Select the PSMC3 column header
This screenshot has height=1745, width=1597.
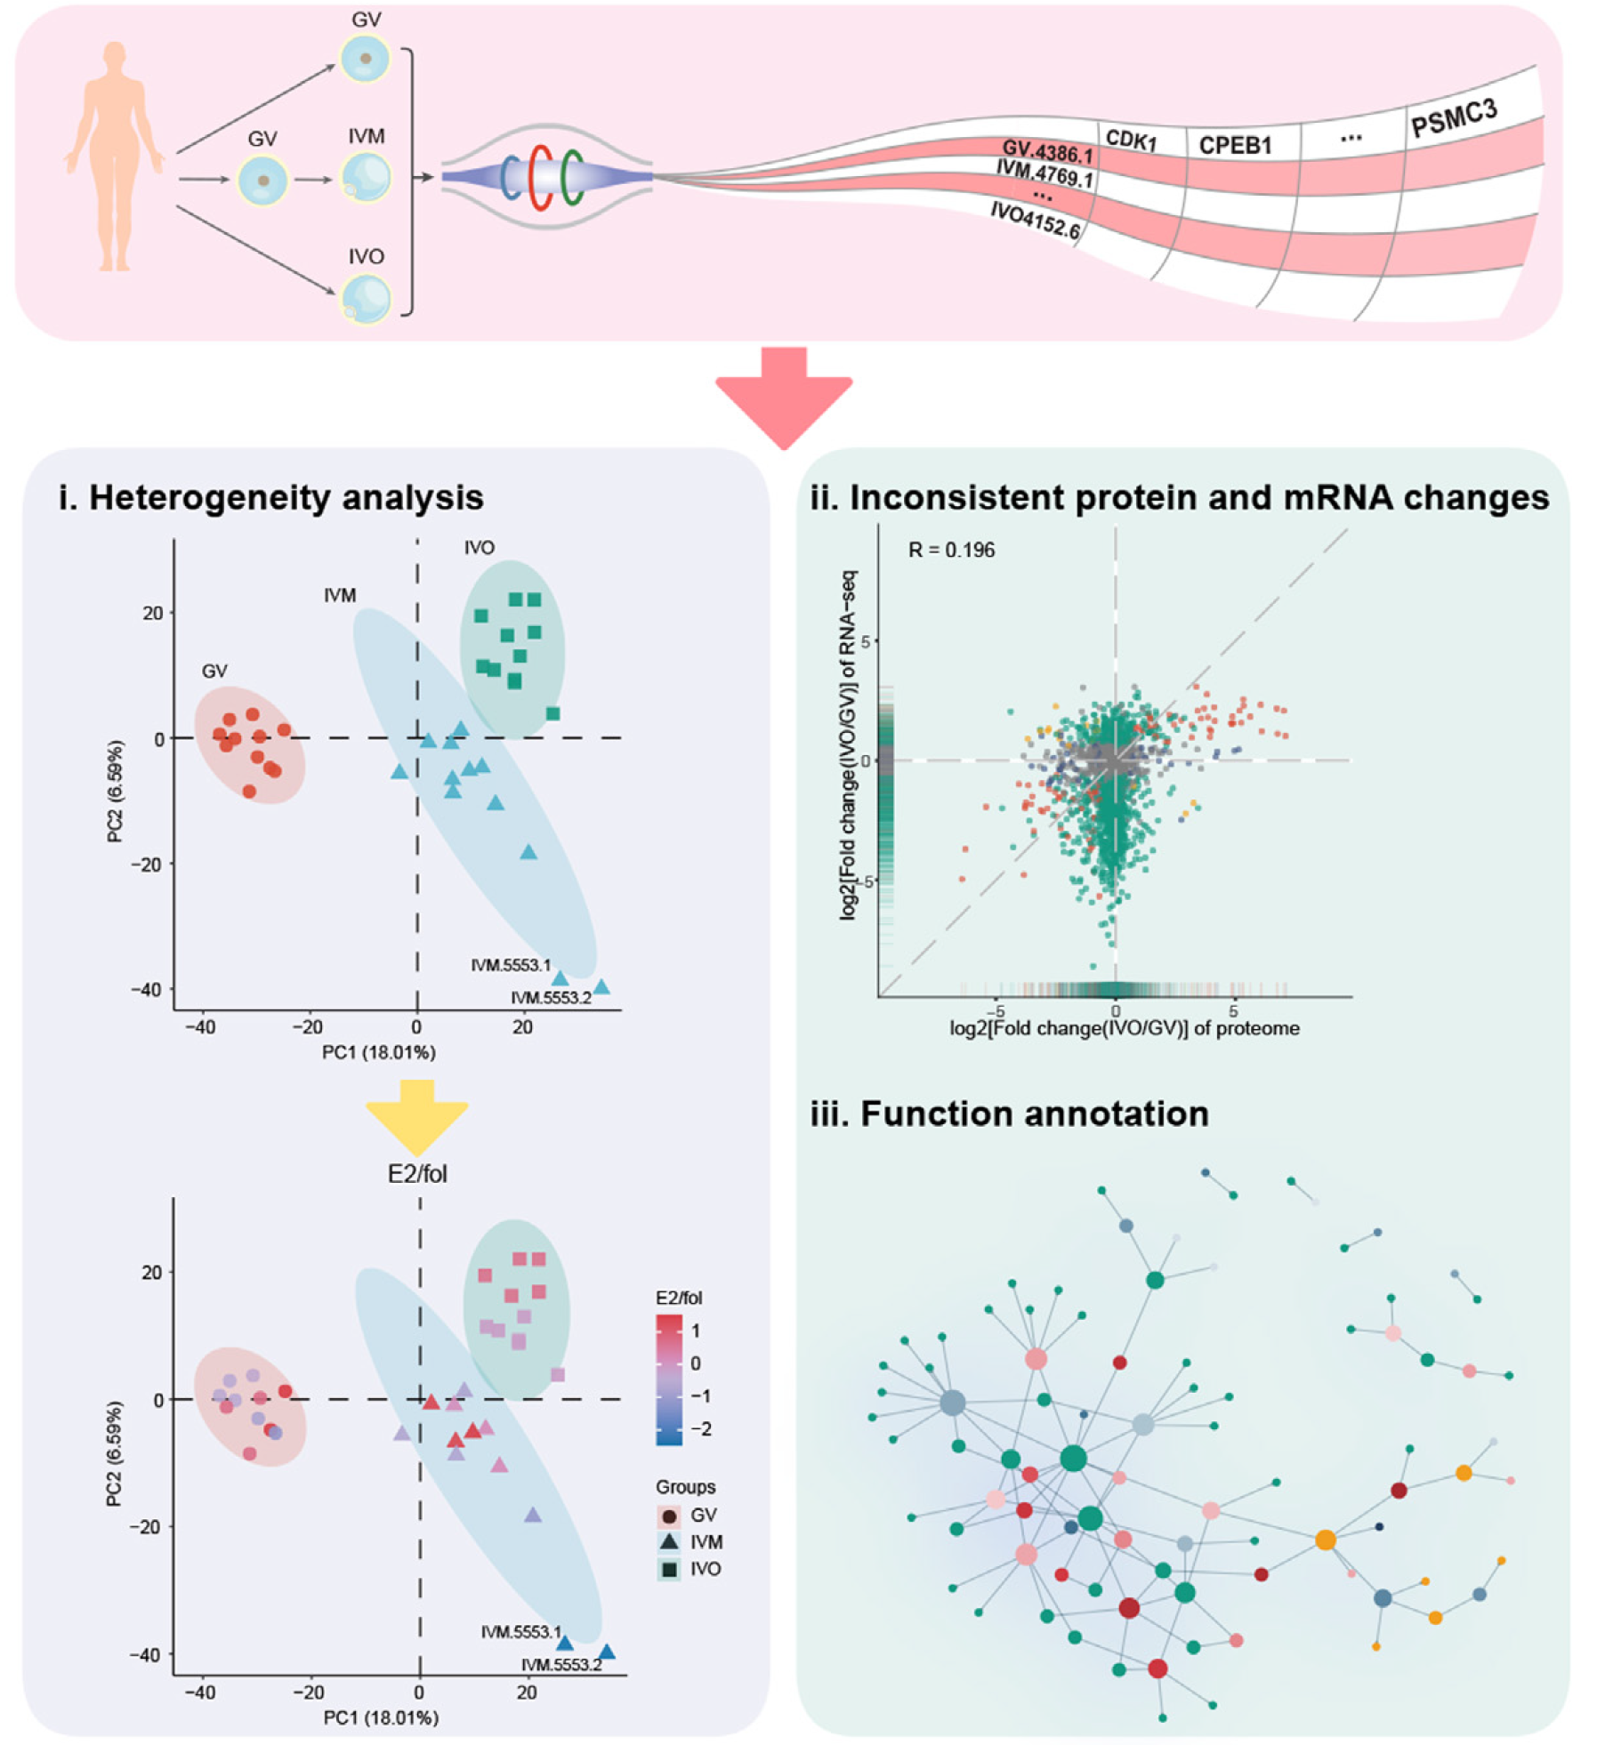click(1454, 118)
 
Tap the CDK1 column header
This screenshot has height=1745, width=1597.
click(1130, 140)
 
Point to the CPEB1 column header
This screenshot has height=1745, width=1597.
click(1235, 145)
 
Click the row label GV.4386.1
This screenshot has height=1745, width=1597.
click(1047, 151)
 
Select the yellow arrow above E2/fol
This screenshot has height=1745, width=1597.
click(416, 1115)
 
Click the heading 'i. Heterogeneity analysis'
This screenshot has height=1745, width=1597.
click(271, 497)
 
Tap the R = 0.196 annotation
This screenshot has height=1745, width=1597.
click(951, 551)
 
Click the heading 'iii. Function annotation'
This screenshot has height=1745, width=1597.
click(1009, 1114)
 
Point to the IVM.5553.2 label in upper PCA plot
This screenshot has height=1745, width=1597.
click(551, 998)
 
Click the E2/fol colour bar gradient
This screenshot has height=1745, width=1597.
click(669, 1379)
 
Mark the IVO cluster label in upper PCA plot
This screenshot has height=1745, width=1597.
click(479, 548)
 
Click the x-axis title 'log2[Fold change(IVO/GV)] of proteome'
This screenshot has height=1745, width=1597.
click(1125, 1028)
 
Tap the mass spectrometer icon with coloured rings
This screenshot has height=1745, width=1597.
click(546, 177)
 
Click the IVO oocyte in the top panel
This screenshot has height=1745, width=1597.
click(366, 298)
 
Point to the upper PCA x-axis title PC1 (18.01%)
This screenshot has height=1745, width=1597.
click(378, 1052)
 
